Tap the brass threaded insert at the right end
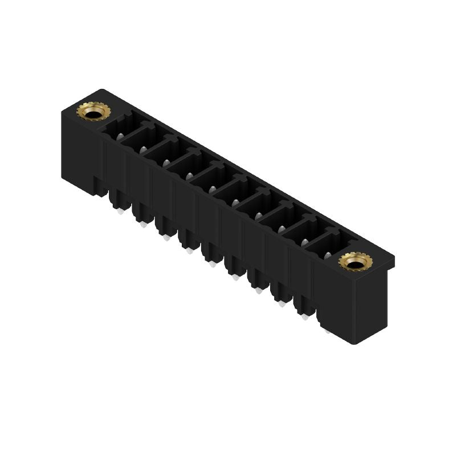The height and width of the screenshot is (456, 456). pos(352,262)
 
